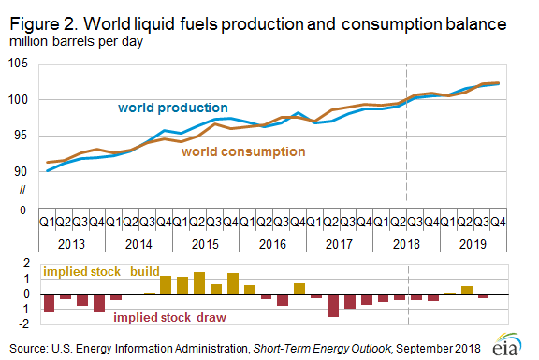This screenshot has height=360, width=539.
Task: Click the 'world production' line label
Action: point(173,108)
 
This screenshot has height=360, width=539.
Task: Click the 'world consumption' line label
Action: point(243,151)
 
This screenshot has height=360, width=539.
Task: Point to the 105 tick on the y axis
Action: point(20,63)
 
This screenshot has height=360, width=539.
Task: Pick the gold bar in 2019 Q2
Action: point(466,290)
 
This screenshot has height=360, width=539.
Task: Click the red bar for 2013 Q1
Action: point(49,302)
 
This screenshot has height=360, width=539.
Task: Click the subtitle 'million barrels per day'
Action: point(73,41)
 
